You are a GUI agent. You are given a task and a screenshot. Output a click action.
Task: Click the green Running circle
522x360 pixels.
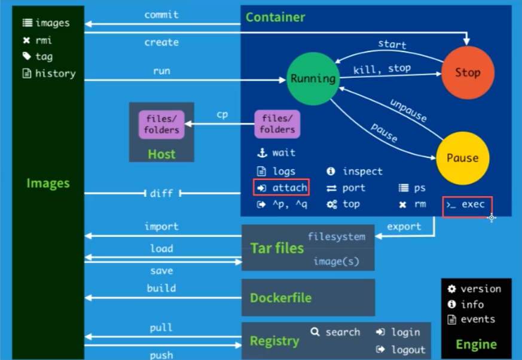312,78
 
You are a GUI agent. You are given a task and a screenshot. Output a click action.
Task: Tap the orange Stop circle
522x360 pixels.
467,72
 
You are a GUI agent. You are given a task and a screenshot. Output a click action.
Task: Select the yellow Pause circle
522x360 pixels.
462,158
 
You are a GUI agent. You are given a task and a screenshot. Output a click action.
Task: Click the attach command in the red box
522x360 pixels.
281,188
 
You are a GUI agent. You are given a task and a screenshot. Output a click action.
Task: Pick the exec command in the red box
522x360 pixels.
468,205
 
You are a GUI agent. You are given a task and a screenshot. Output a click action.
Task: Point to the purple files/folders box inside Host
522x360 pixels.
161,124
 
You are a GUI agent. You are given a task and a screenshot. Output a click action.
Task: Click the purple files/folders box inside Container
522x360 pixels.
277,124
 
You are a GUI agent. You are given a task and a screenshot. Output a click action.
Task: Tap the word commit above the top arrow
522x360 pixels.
161,15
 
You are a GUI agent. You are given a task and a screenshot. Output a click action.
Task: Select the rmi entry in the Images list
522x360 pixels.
44,40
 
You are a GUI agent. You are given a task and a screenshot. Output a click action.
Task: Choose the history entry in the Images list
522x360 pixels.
55,74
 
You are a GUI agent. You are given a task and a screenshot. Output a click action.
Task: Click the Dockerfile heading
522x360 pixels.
280,298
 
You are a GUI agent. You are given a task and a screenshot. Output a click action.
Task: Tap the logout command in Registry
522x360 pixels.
407,350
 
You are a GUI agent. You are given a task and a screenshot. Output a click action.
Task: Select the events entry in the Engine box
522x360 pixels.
477,319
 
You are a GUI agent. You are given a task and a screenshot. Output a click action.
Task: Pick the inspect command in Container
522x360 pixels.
362,172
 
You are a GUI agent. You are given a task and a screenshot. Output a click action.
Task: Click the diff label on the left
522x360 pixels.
161,193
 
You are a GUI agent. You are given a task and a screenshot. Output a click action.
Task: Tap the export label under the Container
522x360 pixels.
404,227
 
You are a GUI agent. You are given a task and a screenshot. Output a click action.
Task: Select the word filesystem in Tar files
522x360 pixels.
336,237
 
